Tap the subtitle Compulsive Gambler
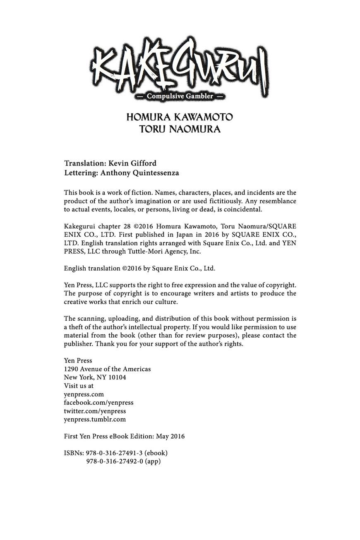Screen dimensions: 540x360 click(x=180, y=96)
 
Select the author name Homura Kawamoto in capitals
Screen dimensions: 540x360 click(x=180, y=117)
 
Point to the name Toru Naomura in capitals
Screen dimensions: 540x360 click(x=180, y=129)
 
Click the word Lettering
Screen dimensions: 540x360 click(x=81, y=173)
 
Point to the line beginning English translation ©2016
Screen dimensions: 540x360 click(x=139, y=268)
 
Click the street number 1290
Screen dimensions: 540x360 click(x=71, y=369)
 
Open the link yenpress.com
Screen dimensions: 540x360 click(x=84, y=394)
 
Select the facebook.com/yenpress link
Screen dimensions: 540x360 click(x=98, y=403)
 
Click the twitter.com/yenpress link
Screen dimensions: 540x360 click(x=95, y=411)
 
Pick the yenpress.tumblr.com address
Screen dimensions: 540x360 click(x=95, y=419)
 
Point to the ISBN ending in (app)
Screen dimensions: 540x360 click(x=123, y=461)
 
